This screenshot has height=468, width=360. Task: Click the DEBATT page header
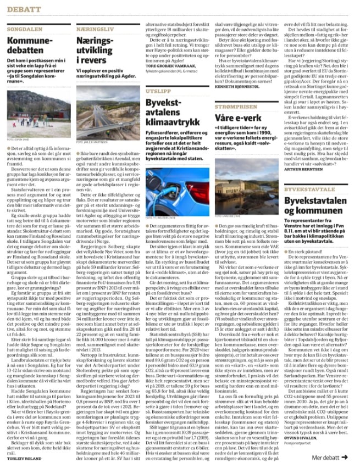(x=24, y=9)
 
